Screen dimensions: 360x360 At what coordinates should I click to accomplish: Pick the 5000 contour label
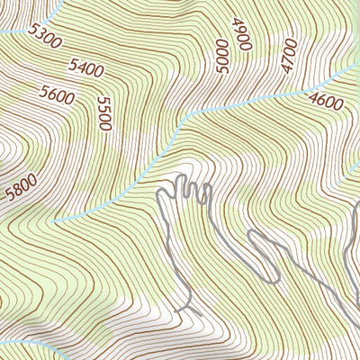pyautogui.click(x=221, y=55)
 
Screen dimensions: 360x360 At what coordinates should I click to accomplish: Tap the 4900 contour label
pyautogui.click(x=240, y=34)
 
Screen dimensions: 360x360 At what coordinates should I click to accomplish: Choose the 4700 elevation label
pyautogui.click(x=288, y=55)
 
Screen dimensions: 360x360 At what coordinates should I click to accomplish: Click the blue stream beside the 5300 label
pyautogui.click(x=18, y=31)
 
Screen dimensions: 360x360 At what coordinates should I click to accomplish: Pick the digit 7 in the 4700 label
pyautogui.click(x=288, y=56)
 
